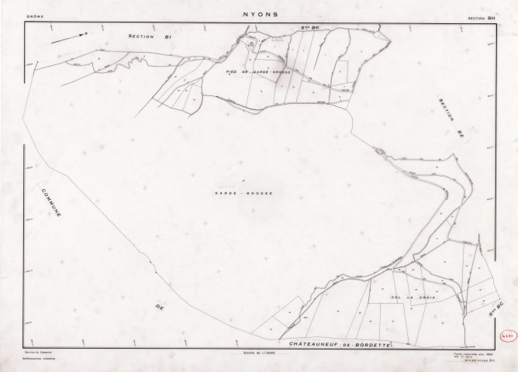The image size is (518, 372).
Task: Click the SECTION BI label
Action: coord(148,36)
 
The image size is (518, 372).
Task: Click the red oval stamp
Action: coord(506,334)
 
